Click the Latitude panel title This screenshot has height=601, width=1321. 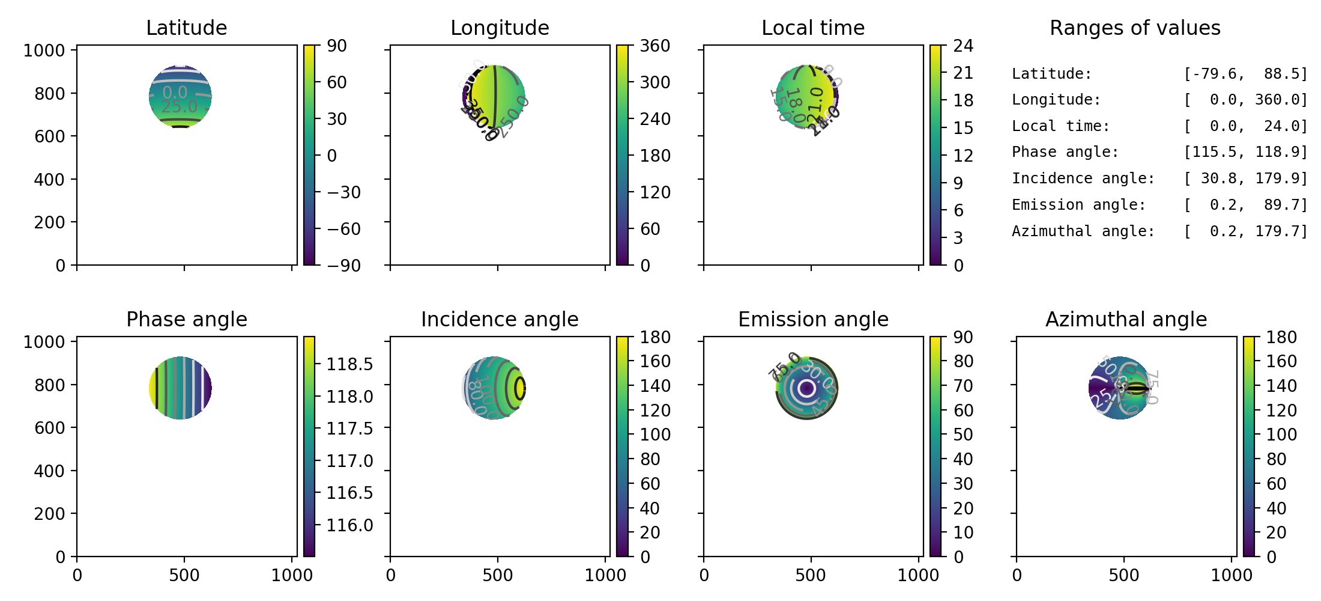186,28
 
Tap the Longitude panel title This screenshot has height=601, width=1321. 500,28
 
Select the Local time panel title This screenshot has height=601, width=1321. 813,28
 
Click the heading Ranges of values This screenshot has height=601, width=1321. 1135,28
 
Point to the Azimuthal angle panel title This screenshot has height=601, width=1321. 1126,320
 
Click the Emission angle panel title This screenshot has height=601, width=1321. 813,320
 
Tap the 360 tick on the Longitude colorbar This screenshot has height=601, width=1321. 654,46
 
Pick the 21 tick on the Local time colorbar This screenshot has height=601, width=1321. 963,73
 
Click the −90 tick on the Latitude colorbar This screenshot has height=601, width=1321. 343,266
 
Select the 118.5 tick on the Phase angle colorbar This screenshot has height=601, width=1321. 349,364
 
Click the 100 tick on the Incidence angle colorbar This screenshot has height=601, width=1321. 654,435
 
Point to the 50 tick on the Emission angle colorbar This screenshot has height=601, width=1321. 963,435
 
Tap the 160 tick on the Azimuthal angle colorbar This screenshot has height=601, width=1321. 1281,361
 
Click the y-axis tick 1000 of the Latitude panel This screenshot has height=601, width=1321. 44,50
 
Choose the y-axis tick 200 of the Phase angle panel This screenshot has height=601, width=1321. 49,514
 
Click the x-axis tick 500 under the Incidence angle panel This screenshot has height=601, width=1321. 497,576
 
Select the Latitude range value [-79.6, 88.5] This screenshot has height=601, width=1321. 1245,74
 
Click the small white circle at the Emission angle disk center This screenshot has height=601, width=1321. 807,388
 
